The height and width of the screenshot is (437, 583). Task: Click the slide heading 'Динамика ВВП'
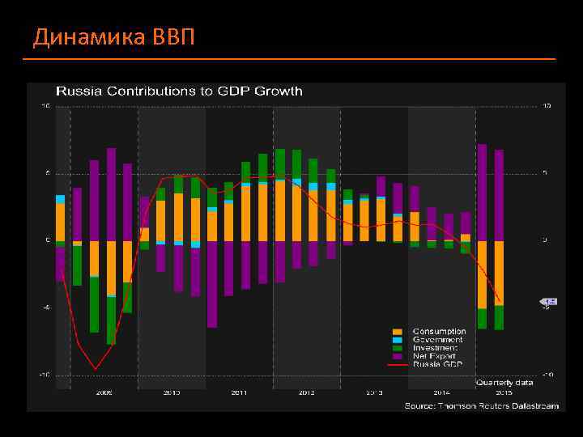113,37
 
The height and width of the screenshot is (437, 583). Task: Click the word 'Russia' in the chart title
75,91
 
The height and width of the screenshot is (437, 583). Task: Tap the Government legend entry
437,340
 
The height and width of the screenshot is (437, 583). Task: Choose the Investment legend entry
435,348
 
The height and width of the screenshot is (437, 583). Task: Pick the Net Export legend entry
434,356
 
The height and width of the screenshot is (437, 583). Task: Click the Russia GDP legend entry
437,364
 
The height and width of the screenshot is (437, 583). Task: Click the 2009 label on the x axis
104,392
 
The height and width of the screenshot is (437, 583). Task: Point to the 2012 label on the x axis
306,392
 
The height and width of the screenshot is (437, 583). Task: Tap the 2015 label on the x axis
504,392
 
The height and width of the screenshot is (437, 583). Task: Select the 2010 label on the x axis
172,392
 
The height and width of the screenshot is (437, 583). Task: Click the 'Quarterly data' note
504,382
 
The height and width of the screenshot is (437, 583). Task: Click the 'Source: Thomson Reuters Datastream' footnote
481,405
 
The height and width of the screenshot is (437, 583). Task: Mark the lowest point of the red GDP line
96,369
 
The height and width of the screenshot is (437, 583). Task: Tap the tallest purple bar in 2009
112,194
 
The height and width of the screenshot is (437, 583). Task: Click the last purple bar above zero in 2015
500,195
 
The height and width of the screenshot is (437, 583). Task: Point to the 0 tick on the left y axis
47,240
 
